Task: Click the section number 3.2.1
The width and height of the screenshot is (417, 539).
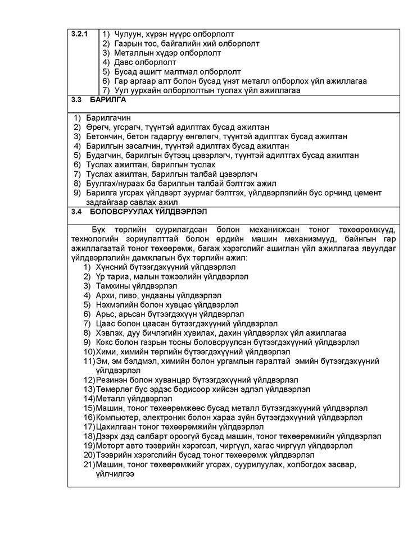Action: (79, 34)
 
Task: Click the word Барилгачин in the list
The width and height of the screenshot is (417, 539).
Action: (108, 118)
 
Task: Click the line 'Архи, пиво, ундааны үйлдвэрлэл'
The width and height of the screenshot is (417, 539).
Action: (158, 295)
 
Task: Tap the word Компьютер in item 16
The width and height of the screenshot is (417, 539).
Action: (116, 417)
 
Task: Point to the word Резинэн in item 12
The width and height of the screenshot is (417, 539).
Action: (111, 380)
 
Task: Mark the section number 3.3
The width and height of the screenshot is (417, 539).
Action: (77, 100)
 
